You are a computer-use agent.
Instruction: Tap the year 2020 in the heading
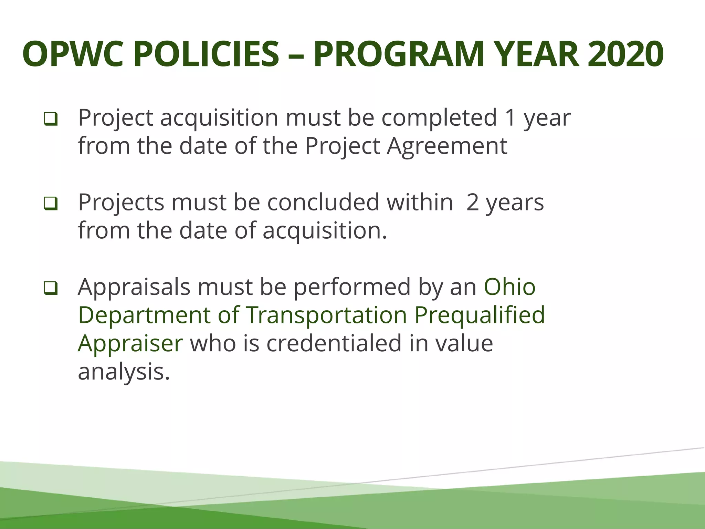point(625,54)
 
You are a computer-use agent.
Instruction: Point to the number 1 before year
point(510,118)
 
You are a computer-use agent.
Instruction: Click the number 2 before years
point(473,203)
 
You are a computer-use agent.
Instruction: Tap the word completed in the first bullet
point(439,118)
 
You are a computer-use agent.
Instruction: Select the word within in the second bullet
point(420,203)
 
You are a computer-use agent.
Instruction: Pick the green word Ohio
point(509,287)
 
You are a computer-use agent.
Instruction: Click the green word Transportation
point(326,315)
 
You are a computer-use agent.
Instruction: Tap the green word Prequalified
point(480,315)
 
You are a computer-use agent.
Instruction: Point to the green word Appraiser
point(130,343)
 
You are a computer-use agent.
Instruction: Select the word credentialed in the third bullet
point(334,343)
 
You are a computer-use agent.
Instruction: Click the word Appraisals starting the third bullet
point(134,287)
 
